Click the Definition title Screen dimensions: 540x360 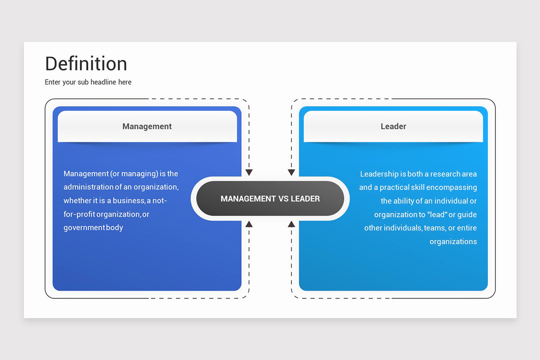[86, 63]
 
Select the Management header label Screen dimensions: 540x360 [147, 126]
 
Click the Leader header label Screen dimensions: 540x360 [393, 126]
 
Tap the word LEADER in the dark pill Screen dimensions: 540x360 [305, 199]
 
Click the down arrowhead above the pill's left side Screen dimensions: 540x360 [249, 172]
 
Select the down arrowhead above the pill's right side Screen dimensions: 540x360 [292, 172]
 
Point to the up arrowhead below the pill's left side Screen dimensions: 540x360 [249, 224]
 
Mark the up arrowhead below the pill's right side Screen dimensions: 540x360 [292, 224]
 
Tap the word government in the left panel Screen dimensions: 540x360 [84, 228]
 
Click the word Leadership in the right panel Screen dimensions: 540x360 [379, 174]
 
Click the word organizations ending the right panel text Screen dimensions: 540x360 [453, 242]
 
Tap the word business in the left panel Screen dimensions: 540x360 [129, 201]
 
